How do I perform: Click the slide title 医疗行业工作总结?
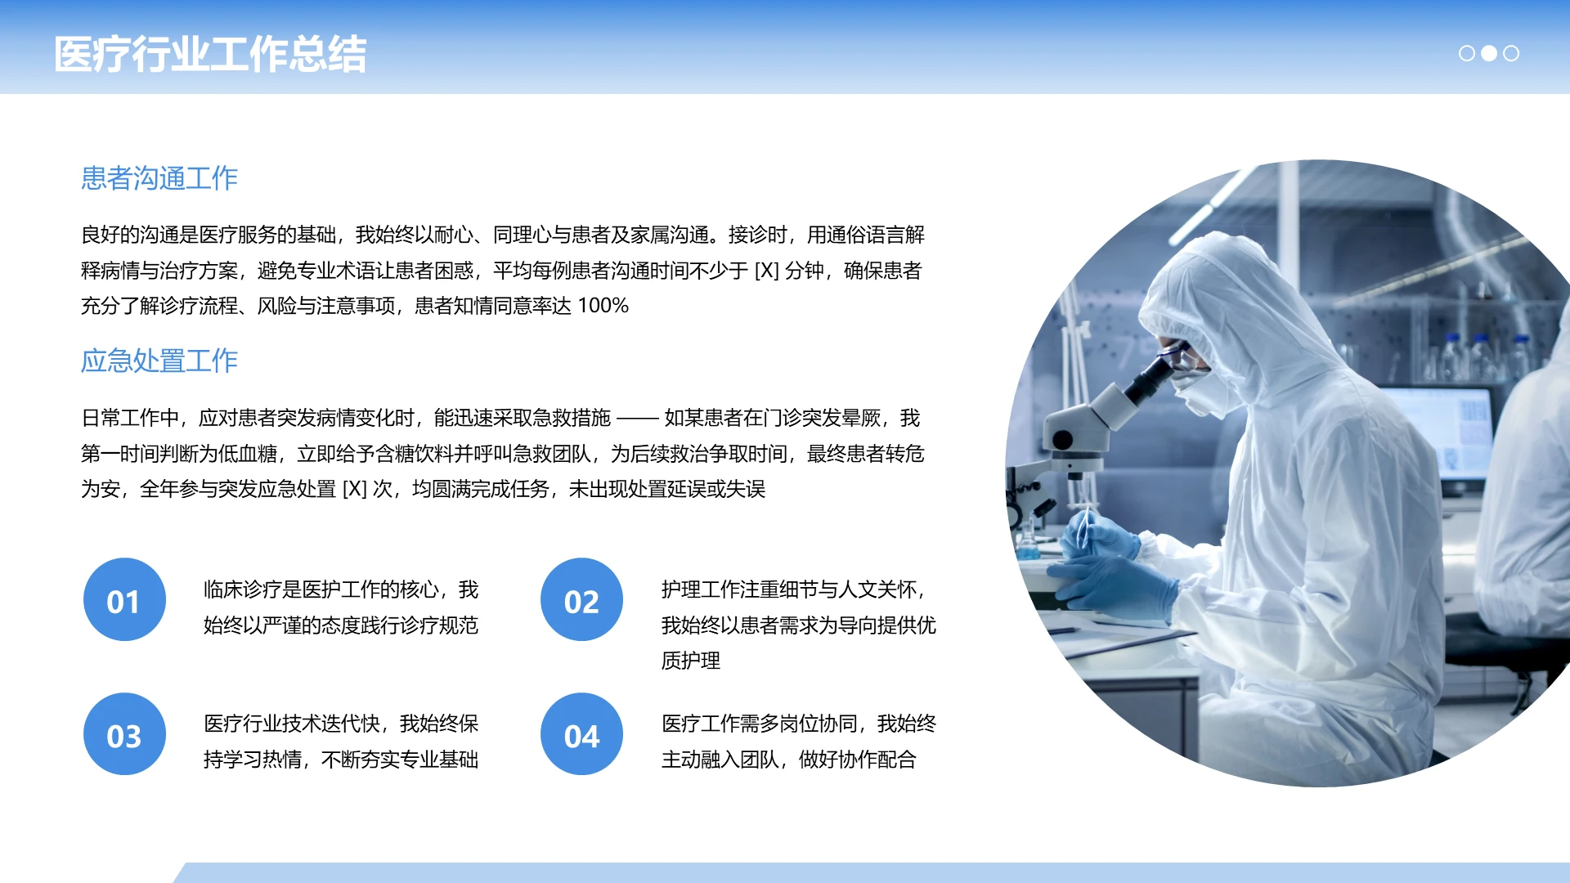[x=210, y=55]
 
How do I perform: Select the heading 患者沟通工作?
[x=159, y=178]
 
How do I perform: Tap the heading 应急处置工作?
[x=159, y=361]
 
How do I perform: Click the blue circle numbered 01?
[x=124, y=600]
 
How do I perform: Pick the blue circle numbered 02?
[x=581, y=600]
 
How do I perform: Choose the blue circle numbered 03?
[x=124, y=734]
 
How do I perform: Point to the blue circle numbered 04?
[x=581, y=734]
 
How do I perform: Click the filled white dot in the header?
[x=1489, y=53]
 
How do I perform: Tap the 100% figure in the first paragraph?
[x=603, y=306]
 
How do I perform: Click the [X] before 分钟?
[x=766, y=271]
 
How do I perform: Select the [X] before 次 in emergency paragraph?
[x=354, y=489]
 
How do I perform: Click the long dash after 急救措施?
[x=637, y=419]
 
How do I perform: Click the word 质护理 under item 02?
[x=691, y=661]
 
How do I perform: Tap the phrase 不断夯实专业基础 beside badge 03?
[x=400, y=760]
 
